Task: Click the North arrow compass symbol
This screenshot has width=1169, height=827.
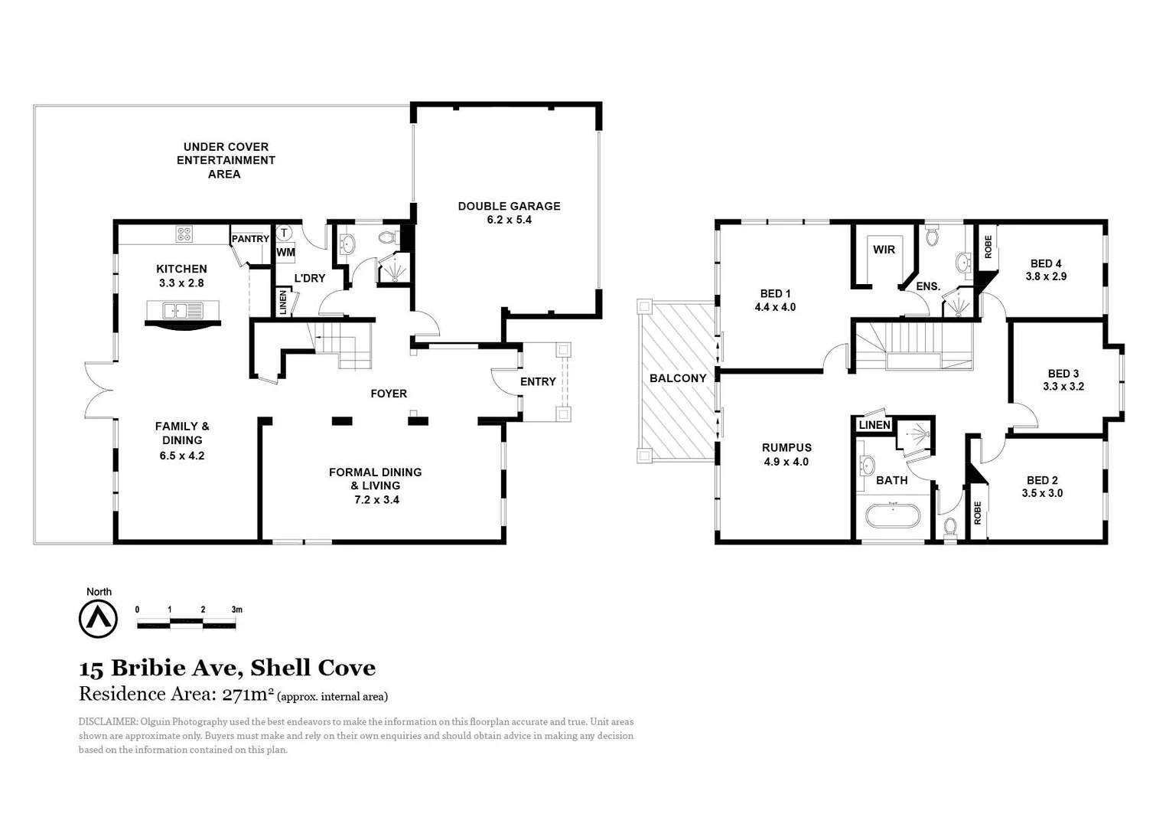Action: (x=98, y=618)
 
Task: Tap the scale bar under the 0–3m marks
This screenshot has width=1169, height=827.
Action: (x=186, y=625)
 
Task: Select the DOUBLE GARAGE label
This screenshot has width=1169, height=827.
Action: (x=509, y=206)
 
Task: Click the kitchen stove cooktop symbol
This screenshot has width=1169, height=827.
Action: (x=184, y=234)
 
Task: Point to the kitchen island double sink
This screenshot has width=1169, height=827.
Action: (x=175, y=311)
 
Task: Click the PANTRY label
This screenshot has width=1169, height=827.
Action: (x=250, y=239)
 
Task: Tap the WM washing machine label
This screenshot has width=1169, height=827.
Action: (x=285, y=252)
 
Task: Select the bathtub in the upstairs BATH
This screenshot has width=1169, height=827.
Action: (x=892, y=515)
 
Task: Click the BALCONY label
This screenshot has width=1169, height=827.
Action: (x=678, y=378)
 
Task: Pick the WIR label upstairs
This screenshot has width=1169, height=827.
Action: (x=884, y=250)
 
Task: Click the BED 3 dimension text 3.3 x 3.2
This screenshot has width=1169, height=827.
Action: (x=1063, y=387)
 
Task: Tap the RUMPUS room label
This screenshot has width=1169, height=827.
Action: (x=786, y=448)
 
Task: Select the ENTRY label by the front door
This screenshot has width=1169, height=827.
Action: (x=538, y=381)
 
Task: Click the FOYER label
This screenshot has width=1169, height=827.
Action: (x=389, y=394)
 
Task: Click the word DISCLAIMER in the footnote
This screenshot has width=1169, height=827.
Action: (x=108, y=721)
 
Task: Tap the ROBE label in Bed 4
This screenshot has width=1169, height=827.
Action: (x=988, y=247)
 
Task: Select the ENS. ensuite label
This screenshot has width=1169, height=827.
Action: (x=927, y=286)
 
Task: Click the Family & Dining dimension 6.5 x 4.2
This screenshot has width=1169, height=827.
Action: (x=182, y=456)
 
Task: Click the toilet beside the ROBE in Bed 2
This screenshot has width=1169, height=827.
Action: (x=950, y=527)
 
